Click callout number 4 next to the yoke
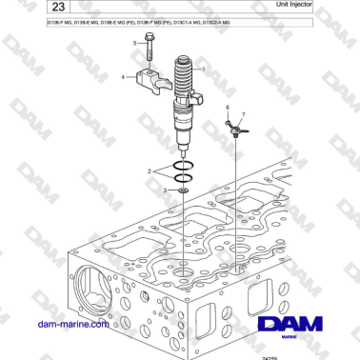[x=123, y=75]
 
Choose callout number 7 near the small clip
[x=243, y=115]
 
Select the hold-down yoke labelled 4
[x=152, y=78]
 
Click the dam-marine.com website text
[x=71, y=324]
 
